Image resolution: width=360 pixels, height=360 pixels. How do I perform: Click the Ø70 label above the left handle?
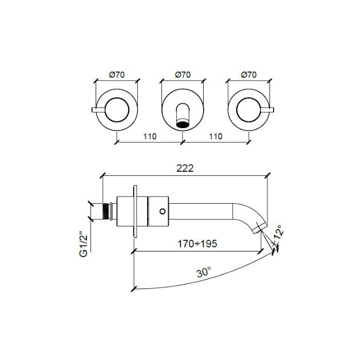[x=118, y=75]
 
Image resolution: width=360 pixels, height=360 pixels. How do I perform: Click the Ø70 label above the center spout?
[x=183, y=75]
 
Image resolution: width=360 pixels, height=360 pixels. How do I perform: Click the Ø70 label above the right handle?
[x=248, y=75]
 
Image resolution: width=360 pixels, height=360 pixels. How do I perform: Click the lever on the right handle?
[x=268, y=109]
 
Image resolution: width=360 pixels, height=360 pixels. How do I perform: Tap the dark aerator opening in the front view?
[x=183, y=123]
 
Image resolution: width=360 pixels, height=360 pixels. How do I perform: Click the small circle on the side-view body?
[x=163, y=211]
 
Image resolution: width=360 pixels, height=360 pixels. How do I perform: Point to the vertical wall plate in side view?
[x=135, y=211]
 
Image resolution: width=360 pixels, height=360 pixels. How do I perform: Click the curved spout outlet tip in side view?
[x=261, y=226]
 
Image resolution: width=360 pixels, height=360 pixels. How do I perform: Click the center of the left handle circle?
[x=118, y=109]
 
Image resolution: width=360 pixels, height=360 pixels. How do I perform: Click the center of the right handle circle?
[x=248, y=109]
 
